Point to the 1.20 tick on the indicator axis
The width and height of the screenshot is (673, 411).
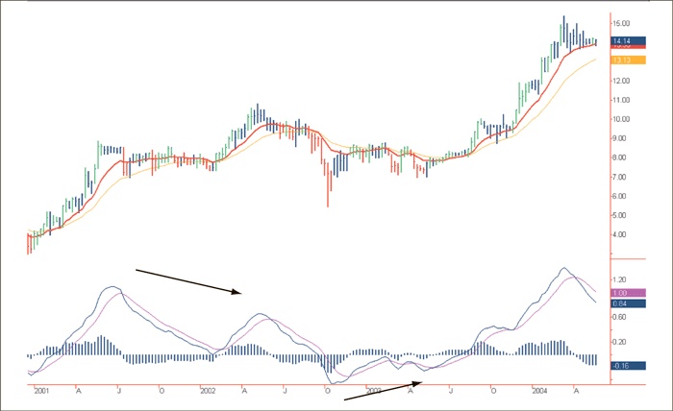click(620, 279)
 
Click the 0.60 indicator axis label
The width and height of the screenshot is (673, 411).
click(620, 316)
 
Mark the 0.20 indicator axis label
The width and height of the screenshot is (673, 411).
click(620, 342)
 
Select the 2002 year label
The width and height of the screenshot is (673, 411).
click(208, 392)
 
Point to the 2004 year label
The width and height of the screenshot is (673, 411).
click(539, 392)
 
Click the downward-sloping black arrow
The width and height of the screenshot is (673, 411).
click(187, 281)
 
